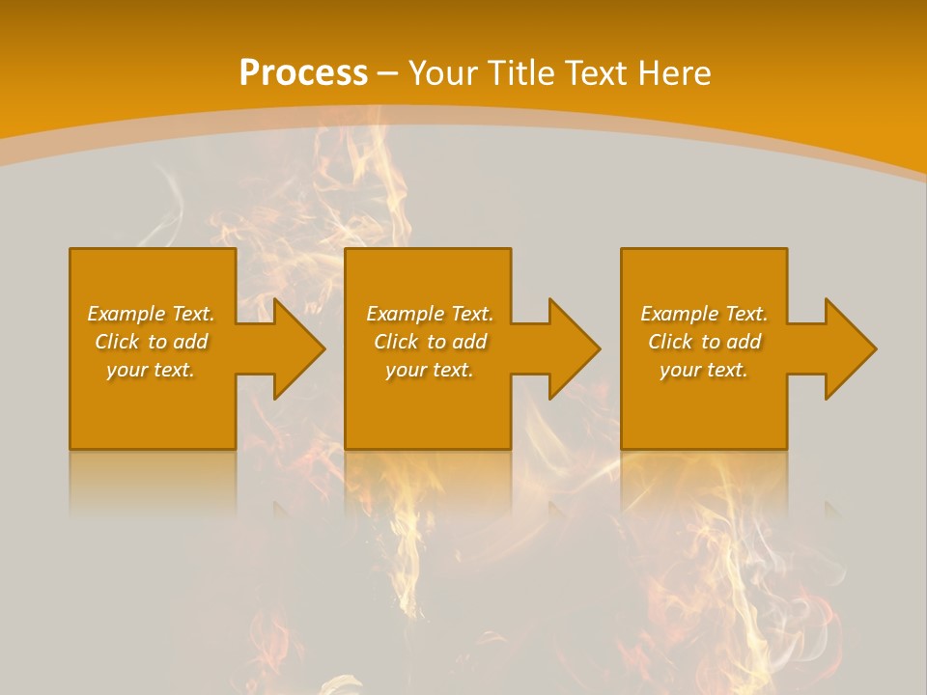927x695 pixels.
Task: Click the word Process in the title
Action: coord(303,73)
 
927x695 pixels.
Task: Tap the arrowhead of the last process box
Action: coord(849,348)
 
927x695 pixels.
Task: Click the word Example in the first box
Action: coord(126,314)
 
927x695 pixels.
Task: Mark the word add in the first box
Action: coord(190,342)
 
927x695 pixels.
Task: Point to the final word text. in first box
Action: coord(175,370)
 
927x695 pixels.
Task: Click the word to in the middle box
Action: coord(436,342)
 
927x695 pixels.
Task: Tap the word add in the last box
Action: coord(744,342)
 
